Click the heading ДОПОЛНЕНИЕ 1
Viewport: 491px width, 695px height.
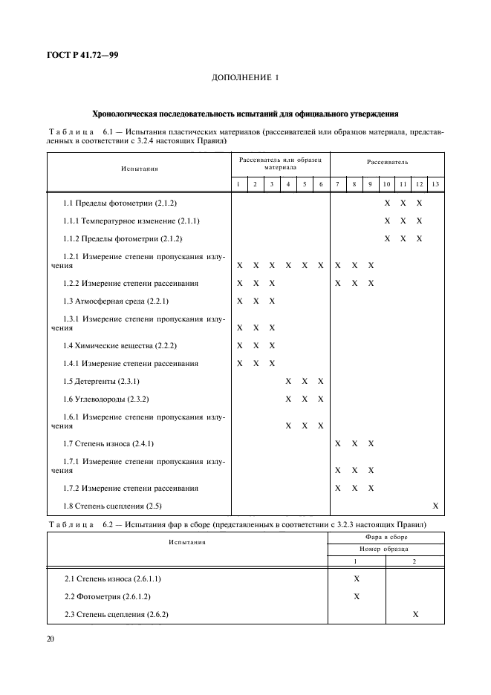pos(244,78)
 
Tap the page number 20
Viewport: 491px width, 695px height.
pos(52,639)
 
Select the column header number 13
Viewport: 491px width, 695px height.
pos(435,184)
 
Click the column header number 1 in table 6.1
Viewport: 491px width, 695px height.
pos(238,184)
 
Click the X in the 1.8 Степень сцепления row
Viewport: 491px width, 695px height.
pos(436,506)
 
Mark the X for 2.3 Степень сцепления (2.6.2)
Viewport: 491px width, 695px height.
pos(415,614)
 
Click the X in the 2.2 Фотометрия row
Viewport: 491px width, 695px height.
pos(357,596)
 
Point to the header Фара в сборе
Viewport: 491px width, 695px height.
pos(386,536)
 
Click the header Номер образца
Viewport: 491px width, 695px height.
pos(386,549)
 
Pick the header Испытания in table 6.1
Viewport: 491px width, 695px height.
pos(140,169)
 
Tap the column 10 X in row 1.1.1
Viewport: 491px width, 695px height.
pos(387,221)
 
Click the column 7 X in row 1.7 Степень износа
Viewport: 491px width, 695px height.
pos(338,443)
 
